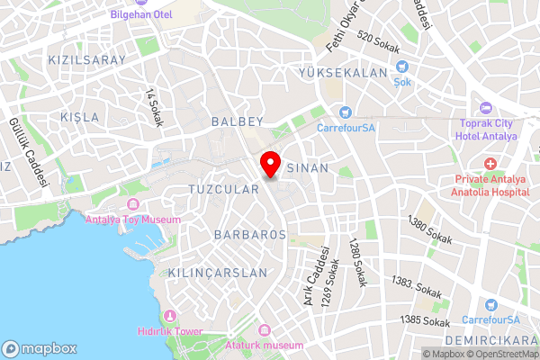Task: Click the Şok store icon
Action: pos(402,66)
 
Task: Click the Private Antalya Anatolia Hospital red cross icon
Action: pos(490,164)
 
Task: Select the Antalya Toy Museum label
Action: pos(132,219)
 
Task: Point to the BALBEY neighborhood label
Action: pos(237,120)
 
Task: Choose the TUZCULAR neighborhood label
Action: pos(224,189)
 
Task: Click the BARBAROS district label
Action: pos(250,234)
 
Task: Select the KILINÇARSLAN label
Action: pos(218,272)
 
